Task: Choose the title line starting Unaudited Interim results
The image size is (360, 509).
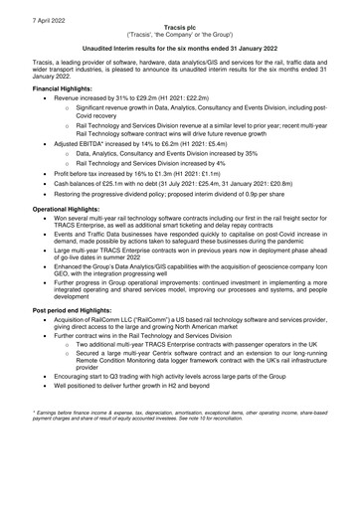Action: click(x=180, y=46)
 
